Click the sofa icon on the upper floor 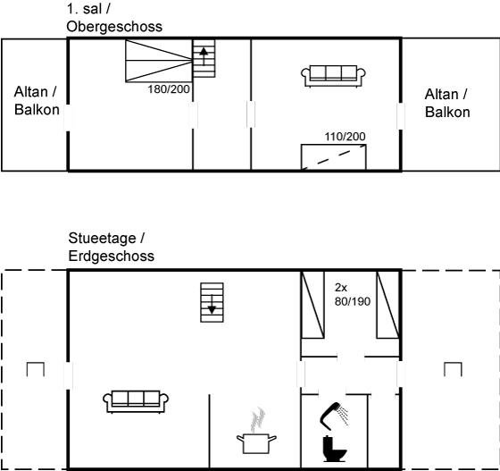[333, 76]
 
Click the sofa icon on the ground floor [136, 401]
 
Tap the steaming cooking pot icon [256, 431]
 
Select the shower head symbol [334, 416]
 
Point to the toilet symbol [334, 449]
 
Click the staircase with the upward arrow [204, 58]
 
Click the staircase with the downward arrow [212, 302]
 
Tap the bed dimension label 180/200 [169, 89]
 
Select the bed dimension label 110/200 [345, 137]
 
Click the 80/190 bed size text [353, 301]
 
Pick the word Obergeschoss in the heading [114, 27]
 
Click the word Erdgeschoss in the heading [112, 256]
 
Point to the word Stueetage [102, 239]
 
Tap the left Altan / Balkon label [37, 100]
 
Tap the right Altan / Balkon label [447, 103]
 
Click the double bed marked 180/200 [159, 60]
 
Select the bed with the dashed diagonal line [334, 156]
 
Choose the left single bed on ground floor [312, 305]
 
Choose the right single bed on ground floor [387, 305]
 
